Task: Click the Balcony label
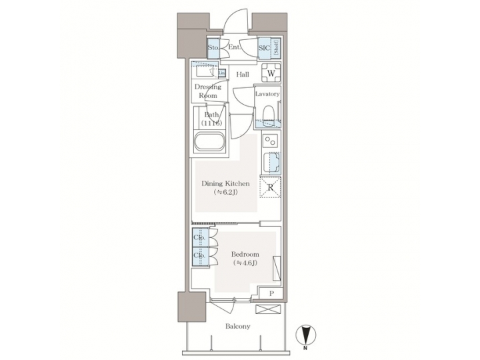coord(237,326)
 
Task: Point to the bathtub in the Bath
coord(210,143)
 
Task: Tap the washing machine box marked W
coord(271,74)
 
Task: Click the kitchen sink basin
coord(271,163)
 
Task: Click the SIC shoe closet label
coord(263,48)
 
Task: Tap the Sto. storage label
coord(213,48)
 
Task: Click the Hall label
coord(243,74)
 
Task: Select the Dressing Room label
coord(207,91)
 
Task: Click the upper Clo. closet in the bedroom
coord(199,237)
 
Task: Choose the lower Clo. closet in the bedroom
coord(199,255)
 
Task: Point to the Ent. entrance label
coord(234,48)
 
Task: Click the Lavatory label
coord(268,94)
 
